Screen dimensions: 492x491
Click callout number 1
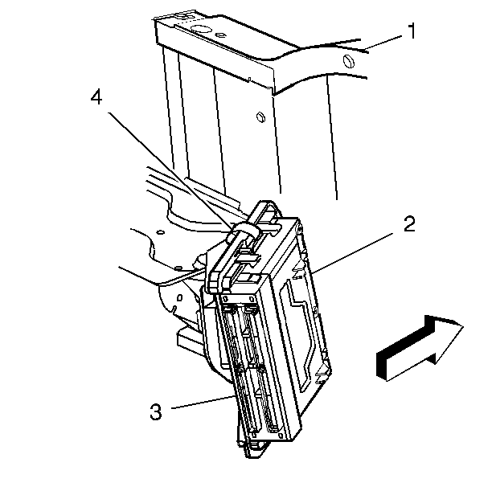[x=412, y=31]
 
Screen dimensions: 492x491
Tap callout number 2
[x=409, y=224]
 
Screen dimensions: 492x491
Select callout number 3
[x=156, y=412]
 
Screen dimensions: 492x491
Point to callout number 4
[x=96, y=96]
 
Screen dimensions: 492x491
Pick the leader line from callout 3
[x=203, y=402]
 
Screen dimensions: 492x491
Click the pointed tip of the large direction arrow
[x=463, y=326]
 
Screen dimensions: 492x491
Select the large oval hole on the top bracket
[x=201, y=29]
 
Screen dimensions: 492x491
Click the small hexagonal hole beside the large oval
[x=220, y=35]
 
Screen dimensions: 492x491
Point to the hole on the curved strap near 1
[x=349, y=61]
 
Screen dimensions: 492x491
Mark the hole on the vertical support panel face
[x=260, y=117]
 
